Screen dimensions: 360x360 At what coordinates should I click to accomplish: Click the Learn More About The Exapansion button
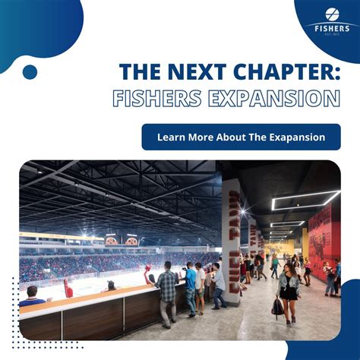pos(241,137)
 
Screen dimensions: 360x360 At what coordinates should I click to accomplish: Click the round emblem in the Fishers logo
pos(332,14)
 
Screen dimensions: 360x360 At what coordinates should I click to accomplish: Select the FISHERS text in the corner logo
pos(332,27)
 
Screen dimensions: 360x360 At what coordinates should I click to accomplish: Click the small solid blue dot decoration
pos(30,72)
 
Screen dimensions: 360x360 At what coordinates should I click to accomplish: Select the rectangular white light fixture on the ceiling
pos(305,199)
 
